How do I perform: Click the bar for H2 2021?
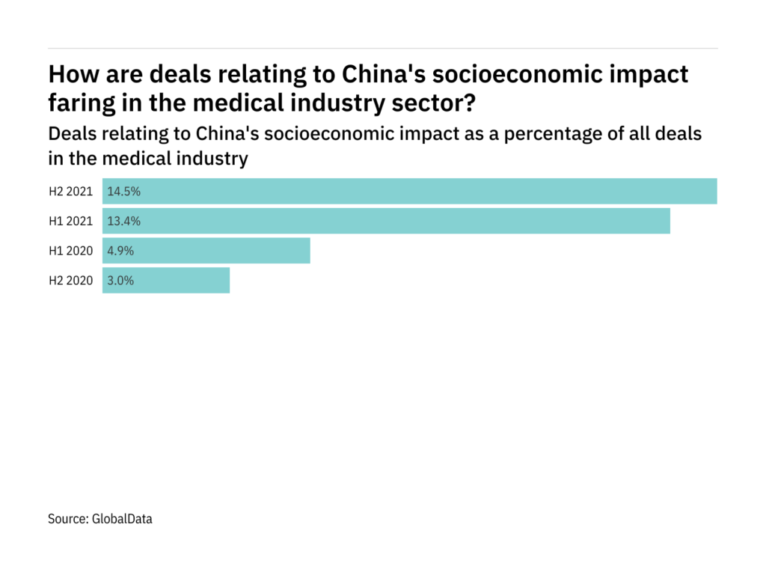410,191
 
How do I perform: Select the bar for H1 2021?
386,221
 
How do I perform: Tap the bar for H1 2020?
206,251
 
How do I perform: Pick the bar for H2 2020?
166,281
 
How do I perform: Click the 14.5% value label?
124,191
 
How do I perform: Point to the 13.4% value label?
124,221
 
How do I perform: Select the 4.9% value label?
121,251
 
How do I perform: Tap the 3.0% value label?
121,281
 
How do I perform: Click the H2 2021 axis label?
70,191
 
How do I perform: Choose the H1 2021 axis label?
70,221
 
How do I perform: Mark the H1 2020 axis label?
70,251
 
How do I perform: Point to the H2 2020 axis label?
70,281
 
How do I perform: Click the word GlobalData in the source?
123,518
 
